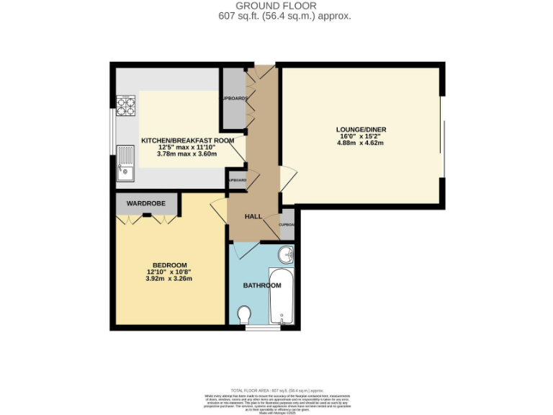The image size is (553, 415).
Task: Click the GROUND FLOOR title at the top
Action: tap(276, 6)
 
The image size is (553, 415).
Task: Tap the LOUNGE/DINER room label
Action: tap(361, 130)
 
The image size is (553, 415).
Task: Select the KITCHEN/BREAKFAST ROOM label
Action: tap(187, 140)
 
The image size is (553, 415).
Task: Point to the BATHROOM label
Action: tap(261, 286)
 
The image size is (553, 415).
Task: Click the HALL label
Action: tap(253, 216)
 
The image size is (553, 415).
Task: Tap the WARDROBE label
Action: tap(146, 204)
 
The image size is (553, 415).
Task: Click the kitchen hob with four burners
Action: tap(127, 106)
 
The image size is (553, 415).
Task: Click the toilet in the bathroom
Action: tap(244, 315)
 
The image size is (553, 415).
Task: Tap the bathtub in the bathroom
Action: tap(281, 297)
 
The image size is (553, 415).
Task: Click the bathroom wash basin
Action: tap(287, 255)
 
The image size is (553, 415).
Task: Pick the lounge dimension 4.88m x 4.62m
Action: tap(361, 143)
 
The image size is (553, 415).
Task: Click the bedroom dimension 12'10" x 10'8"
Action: tap(169, 272)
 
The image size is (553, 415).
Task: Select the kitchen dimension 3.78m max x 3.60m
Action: tap(187, 153)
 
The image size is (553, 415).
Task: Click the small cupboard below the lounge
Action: tap(287, 224)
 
